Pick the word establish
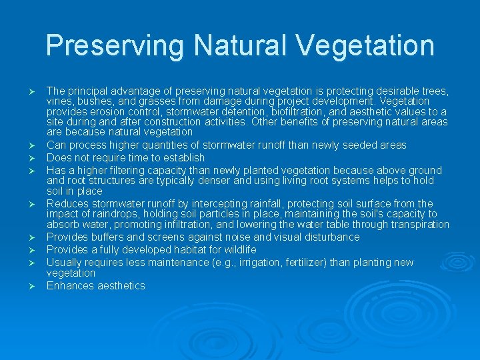183,158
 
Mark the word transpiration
415,225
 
